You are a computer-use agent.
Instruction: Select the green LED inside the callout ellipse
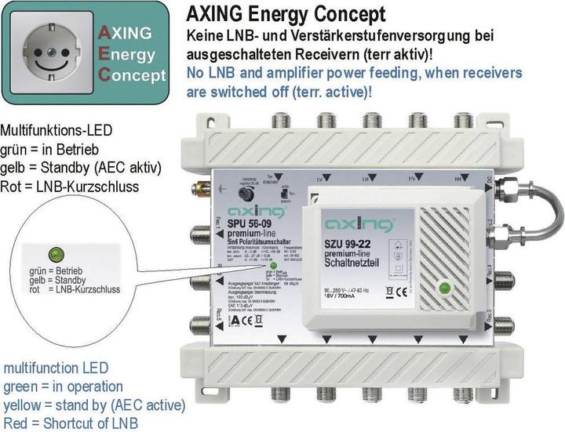(x=56, y=253)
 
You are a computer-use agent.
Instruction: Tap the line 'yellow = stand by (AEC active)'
(x=93, y=405)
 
